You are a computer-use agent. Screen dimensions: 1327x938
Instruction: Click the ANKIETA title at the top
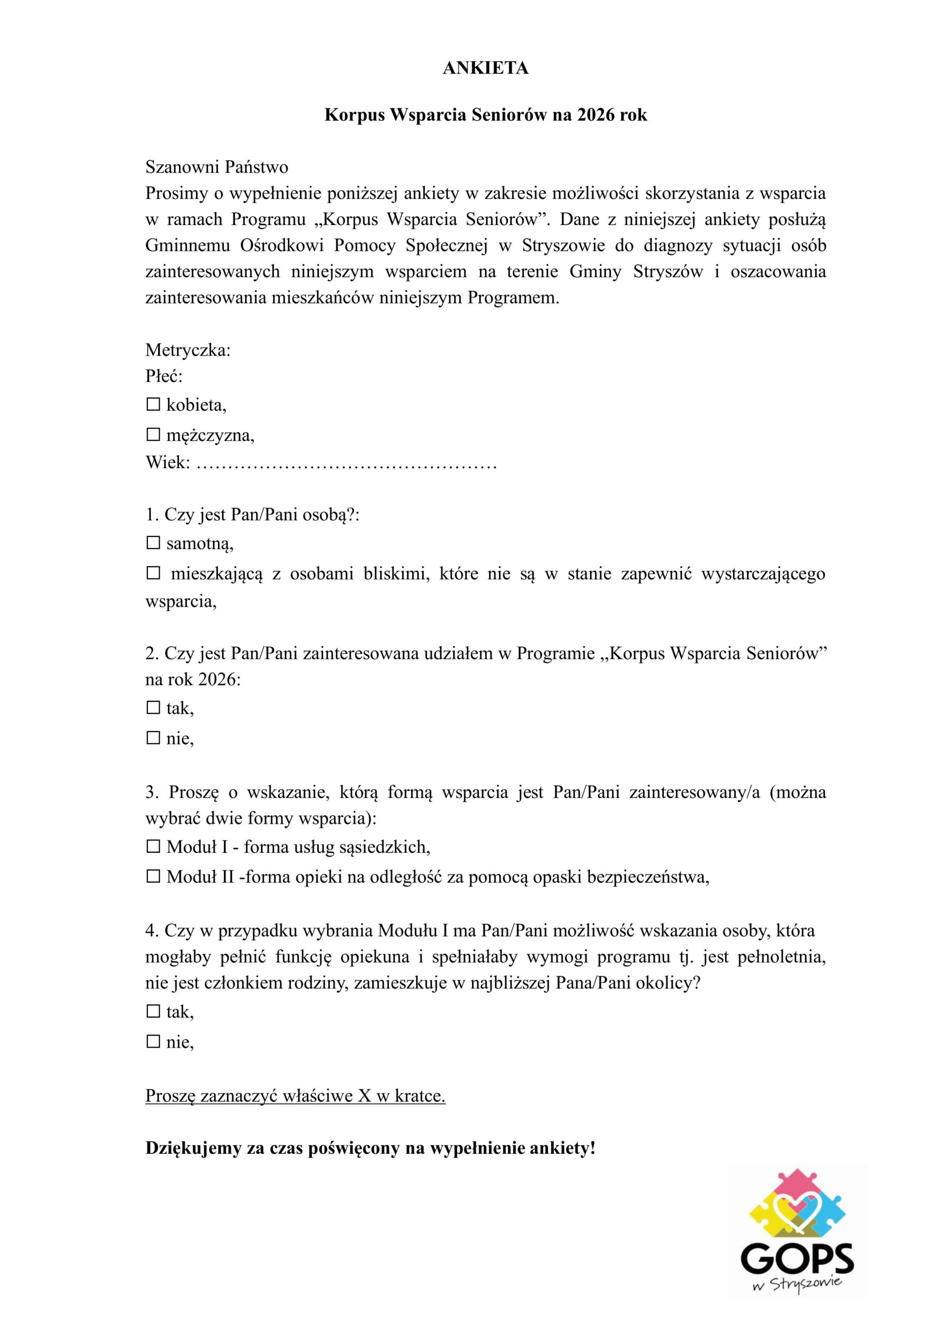[485, 68]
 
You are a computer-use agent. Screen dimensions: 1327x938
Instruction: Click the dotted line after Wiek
[346, 463]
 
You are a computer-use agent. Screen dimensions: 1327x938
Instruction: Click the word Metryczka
[188, 350]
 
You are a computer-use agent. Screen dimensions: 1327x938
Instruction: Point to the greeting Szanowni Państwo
[217, 167]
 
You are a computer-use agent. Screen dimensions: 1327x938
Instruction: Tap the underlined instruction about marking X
[295, 1096]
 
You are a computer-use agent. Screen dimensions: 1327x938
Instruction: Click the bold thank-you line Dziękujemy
[370, 1148]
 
